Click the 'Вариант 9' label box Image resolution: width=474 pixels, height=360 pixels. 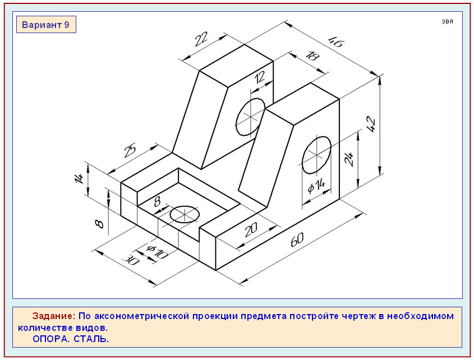click(46, 25)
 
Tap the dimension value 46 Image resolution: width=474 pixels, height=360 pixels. click(336, 41)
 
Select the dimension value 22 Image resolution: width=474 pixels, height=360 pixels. click(201, 39)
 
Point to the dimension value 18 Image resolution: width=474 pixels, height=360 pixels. click(312, 56)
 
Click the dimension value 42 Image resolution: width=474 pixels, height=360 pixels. click(371, 124)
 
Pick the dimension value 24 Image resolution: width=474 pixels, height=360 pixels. click(349, 159)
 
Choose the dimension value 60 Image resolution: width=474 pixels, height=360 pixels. click(297, 239)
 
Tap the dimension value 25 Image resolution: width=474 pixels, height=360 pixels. click(130, 150)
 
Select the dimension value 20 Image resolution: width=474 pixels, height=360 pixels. click(251, 230)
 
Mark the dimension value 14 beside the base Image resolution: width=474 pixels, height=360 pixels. click(79, 178)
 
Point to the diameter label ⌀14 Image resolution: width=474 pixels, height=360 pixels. click(316, 186)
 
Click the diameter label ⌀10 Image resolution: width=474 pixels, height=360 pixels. click(157, 252)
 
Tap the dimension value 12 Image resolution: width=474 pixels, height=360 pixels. click(259, 78)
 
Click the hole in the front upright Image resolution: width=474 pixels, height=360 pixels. click(316, 155)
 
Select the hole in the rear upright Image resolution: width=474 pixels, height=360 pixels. click(251, 117)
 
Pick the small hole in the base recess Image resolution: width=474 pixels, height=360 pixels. click(185, 214)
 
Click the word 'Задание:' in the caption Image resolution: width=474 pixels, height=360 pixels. click(54, 316)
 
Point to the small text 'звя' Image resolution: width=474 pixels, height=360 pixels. click(447, 21)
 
